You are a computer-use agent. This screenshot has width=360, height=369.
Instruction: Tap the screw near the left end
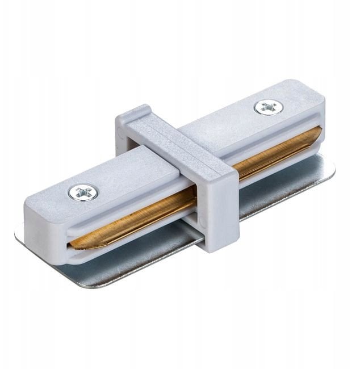(x=79, y=193)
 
